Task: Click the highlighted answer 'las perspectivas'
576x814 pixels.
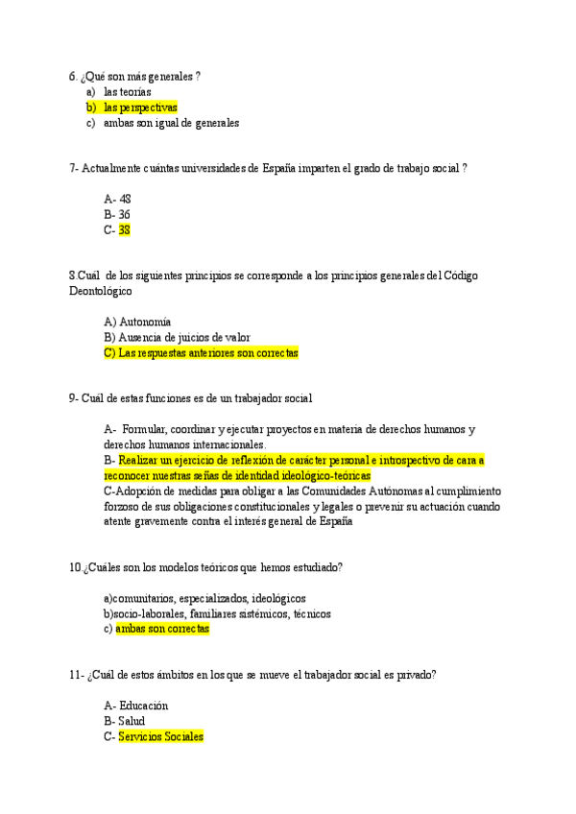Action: [140, 108]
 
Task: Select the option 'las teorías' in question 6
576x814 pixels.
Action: [128, 92]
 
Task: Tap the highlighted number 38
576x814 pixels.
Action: [125, 230]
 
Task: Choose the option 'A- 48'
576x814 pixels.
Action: [117, 200]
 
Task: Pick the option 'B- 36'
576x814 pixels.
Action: [117, 215]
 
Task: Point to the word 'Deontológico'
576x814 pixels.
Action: [101, 291]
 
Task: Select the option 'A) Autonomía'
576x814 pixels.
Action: [137, 323]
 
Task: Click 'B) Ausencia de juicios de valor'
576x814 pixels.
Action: [177, 338]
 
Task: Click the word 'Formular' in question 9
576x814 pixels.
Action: [145, 429]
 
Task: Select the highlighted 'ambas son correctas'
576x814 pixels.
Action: [162, 630]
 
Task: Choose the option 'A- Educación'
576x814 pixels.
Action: [135, 706]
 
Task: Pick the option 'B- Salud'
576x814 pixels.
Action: [123, 722]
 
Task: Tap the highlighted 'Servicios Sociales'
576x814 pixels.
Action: [161, 737]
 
